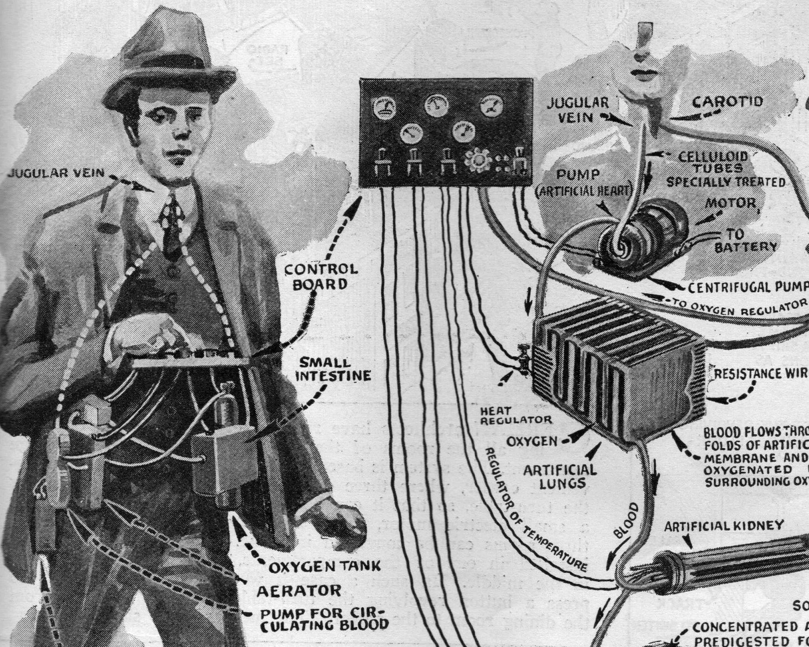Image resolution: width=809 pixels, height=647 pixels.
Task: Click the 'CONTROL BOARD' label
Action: coord(320,277)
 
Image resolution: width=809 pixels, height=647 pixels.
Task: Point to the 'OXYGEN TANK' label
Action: coord(325,566)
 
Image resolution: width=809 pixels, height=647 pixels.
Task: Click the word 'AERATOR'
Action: coord(299,591)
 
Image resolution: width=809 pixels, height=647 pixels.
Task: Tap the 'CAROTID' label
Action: coord(728,102)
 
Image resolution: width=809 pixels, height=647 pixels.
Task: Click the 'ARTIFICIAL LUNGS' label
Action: coord(560,476)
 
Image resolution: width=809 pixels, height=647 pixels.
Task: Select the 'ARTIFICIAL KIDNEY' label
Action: coord(723,525)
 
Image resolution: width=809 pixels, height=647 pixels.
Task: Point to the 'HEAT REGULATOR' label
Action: coord(516,416)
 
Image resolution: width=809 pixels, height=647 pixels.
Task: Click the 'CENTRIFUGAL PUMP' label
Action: coord(748,287)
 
